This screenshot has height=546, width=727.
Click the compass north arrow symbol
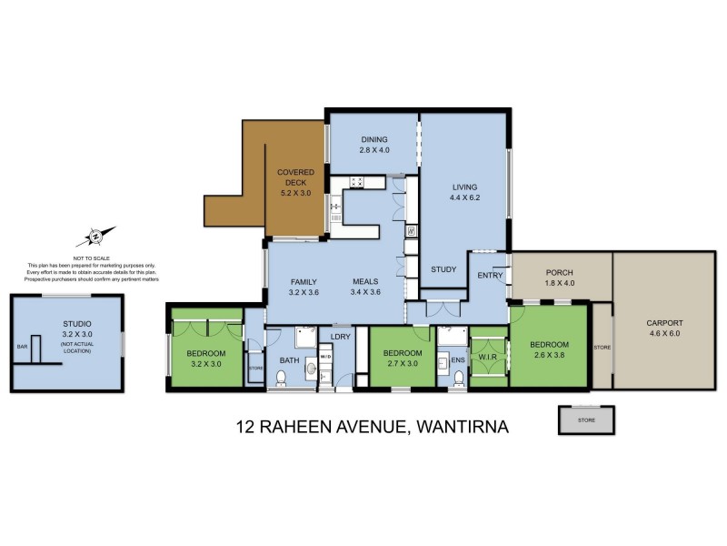(95, 237)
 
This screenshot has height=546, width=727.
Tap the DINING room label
(373, 138)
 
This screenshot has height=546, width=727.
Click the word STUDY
(443, 269)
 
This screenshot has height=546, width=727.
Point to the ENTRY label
(490, 275)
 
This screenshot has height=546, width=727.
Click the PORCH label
(558, 273)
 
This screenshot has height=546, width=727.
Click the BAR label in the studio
(22, 346)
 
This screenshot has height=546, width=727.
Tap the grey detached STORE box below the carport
(586, 420)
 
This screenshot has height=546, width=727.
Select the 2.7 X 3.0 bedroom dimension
(401, 364)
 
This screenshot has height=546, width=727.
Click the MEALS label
(365, 281)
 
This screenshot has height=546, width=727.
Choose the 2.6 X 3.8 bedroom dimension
(549, 356)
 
